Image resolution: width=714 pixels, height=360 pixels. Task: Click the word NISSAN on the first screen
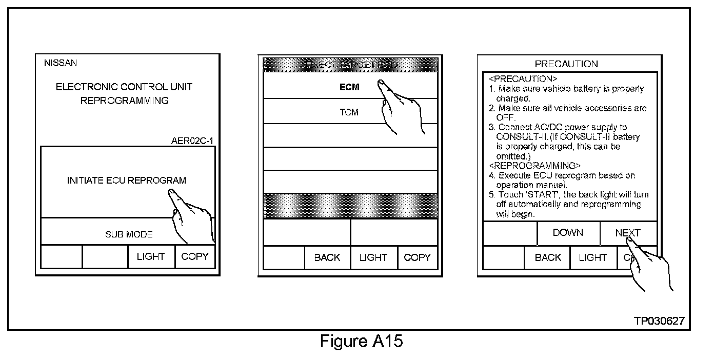(61, 63)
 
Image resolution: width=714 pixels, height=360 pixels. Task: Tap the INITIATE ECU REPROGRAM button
(126, 181)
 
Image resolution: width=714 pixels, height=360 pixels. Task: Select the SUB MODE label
(129, 234)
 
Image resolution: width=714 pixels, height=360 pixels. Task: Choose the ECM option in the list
(350, 87)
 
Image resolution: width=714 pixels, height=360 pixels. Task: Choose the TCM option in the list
(349, 112)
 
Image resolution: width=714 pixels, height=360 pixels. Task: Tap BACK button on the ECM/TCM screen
(327, 257)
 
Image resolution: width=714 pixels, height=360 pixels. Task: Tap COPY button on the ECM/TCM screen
(417, 257)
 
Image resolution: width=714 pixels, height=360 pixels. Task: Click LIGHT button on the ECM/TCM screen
(373, 257)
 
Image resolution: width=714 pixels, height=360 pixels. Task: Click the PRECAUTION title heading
(566, 64)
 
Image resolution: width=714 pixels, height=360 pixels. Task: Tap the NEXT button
(628, 233)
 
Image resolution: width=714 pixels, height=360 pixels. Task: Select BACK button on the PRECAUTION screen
(547, 257)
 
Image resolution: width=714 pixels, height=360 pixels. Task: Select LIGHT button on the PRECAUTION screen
(592, 257)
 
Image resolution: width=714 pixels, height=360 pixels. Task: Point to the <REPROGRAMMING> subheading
(534, 166)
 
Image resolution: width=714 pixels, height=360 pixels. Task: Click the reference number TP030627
(659, 321)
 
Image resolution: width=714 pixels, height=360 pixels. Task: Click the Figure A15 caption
(362, 341)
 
